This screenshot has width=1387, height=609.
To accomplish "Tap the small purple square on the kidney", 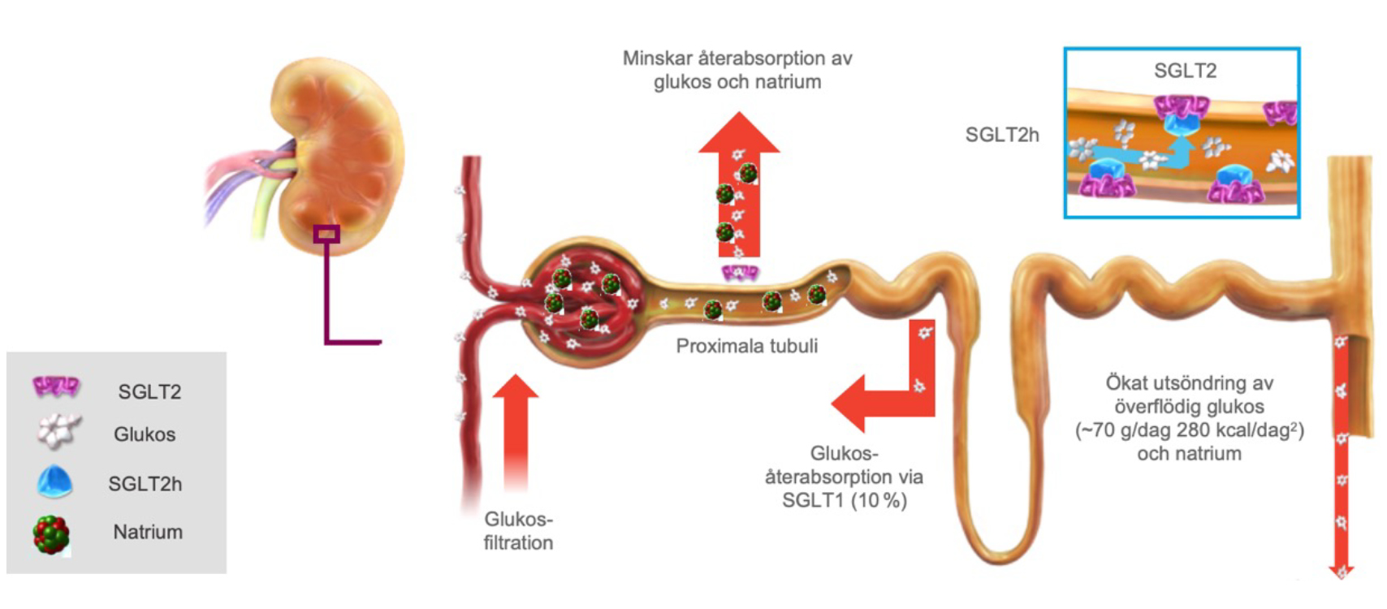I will [x=327, y=234].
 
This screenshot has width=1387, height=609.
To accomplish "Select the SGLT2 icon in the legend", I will [x=56, y=387].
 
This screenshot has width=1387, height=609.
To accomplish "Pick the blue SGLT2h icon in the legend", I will [x=55, y=482].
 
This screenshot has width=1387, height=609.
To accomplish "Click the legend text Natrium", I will [x=148, y=532].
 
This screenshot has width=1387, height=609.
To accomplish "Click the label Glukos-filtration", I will [x=518, y=531].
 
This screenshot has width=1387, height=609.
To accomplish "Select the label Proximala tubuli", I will [x=747, y=346].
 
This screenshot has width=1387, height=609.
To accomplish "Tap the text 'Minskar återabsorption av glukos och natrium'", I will [x=737, y=70].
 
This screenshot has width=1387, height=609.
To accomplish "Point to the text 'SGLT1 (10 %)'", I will [x=845, y=500].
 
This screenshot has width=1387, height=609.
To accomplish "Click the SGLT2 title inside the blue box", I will [x=1185, y=71].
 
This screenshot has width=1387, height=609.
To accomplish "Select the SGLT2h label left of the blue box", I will [x=1002, y=135].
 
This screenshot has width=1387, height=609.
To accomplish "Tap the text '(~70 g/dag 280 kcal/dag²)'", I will [x=1190, y=430].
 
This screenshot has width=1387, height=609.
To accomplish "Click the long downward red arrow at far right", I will [x=1342, y=455].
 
